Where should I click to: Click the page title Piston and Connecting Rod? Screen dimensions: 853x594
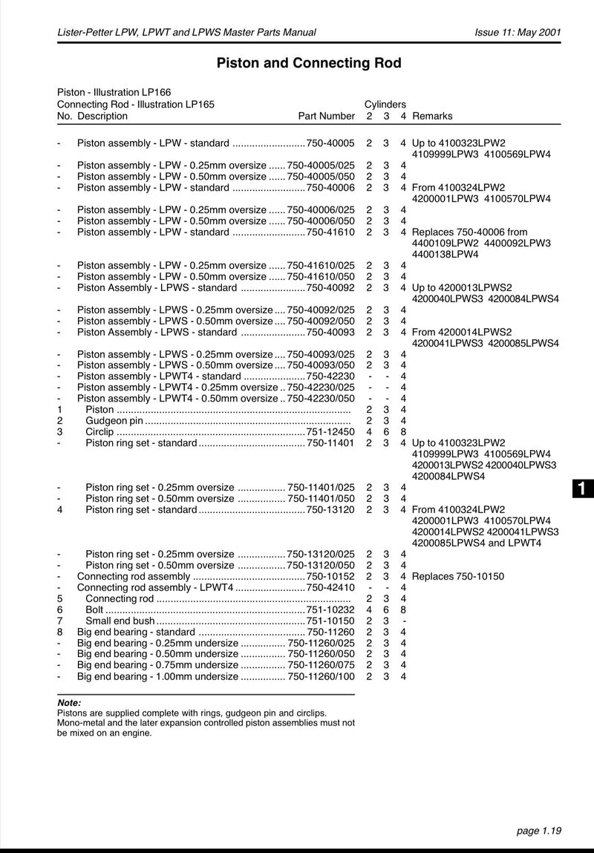(x=308, y=63)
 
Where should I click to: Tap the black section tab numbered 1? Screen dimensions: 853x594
(x=584, y=488)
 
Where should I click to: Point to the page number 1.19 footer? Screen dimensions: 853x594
(x=538, y=831)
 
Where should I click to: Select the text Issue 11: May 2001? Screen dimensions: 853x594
(x=518, y=32)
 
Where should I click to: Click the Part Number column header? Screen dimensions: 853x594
(x=326, y=116)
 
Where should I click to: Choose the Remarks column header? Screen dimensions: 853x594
(x=432, y=116)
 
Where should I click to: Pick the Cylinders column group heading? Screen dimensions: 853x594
(x=385, y=105)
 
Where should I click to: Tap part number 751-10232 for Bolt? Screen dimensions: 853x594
(x=330, y=609)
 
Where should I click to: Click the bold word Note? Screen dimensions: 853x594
(x=69, y=702)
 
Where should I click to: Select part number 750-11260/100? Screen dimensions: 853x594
(x=321, y=676)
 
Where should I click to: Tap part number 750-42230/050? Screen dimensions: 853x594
(x=321, y=398)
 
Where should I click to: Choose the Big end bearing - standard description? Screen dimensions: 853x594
(x=136, y=632)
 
